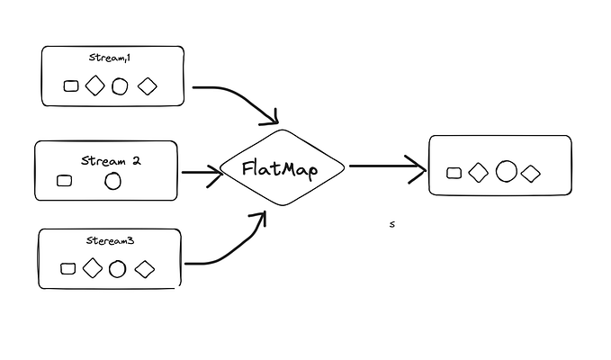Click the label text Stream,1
(x=111, y=58)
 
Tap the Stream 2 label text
(x=111, y=161)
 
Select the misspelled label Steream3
(x=111, y=242)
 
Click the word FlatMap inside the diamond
(x=280, y=168)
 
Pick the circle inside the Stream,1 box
(x=120, y=86)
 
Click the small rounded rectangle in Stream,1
(x=72, y=86)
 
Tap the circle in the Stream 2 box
(x=112, y=181)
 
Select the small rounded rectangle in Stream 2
(x=64, y=180)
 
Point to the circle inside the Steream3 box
(x=117, y=268)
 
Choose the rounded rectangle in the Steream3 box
(x=67, y=268)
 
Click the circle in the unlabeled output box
(x=507, y=171)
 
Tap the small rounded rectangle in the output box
(x=454, y=173)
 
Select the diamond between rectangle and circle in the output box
(x=479, y=172)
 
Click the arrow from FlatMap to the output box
(x=387, y=166)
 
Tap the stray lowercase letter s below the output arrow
(x=391, y=225)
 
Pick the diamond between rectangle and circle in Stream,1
(x=94, y=86)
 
